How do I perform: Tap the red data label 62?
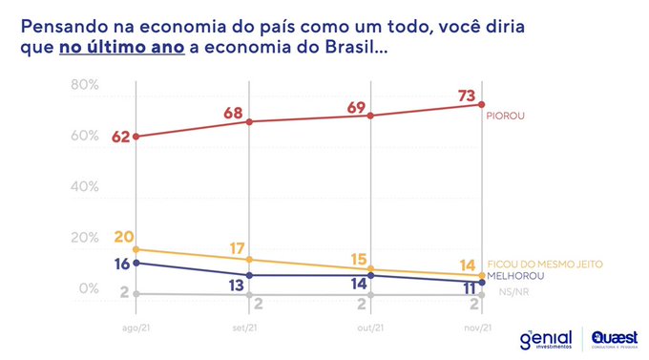coord(120,137)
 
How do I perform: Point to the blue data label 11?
coord(470,286)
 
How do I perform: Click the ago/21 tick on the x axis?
coord(135,328)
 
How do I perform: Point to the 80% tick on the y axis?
coord(85,85)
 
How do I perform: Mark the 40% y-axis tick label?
coord(85,187)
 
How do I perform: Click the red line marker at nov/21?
coord(482,105)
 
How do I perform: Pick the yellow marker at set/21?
coord(250,260)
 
